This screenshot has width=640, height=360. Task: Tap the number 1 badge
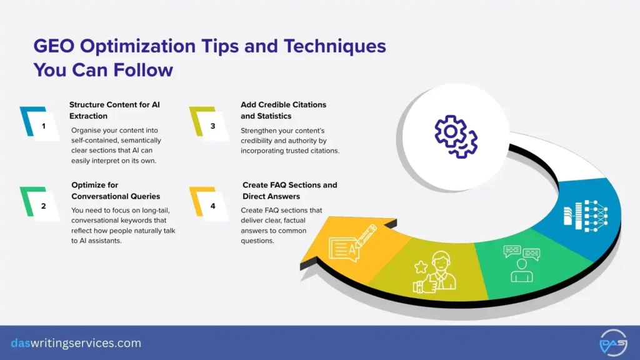tap(43, 126)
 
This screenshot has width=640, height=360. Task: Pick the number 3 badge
tap(212, 126)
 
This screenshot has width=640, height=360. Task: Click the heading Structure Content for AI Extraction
tap(114, 110)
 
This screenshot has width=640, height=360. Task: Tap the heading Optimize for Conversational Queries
tap(116, 191)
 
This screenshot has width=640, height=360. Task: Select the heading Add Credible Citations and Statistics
tap(283, 110)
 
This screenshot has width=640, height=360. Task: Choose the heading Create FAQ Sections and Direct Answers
tap(289, 191)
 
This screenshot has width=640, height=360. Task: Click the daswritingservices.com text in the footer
tap(76, 343)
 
